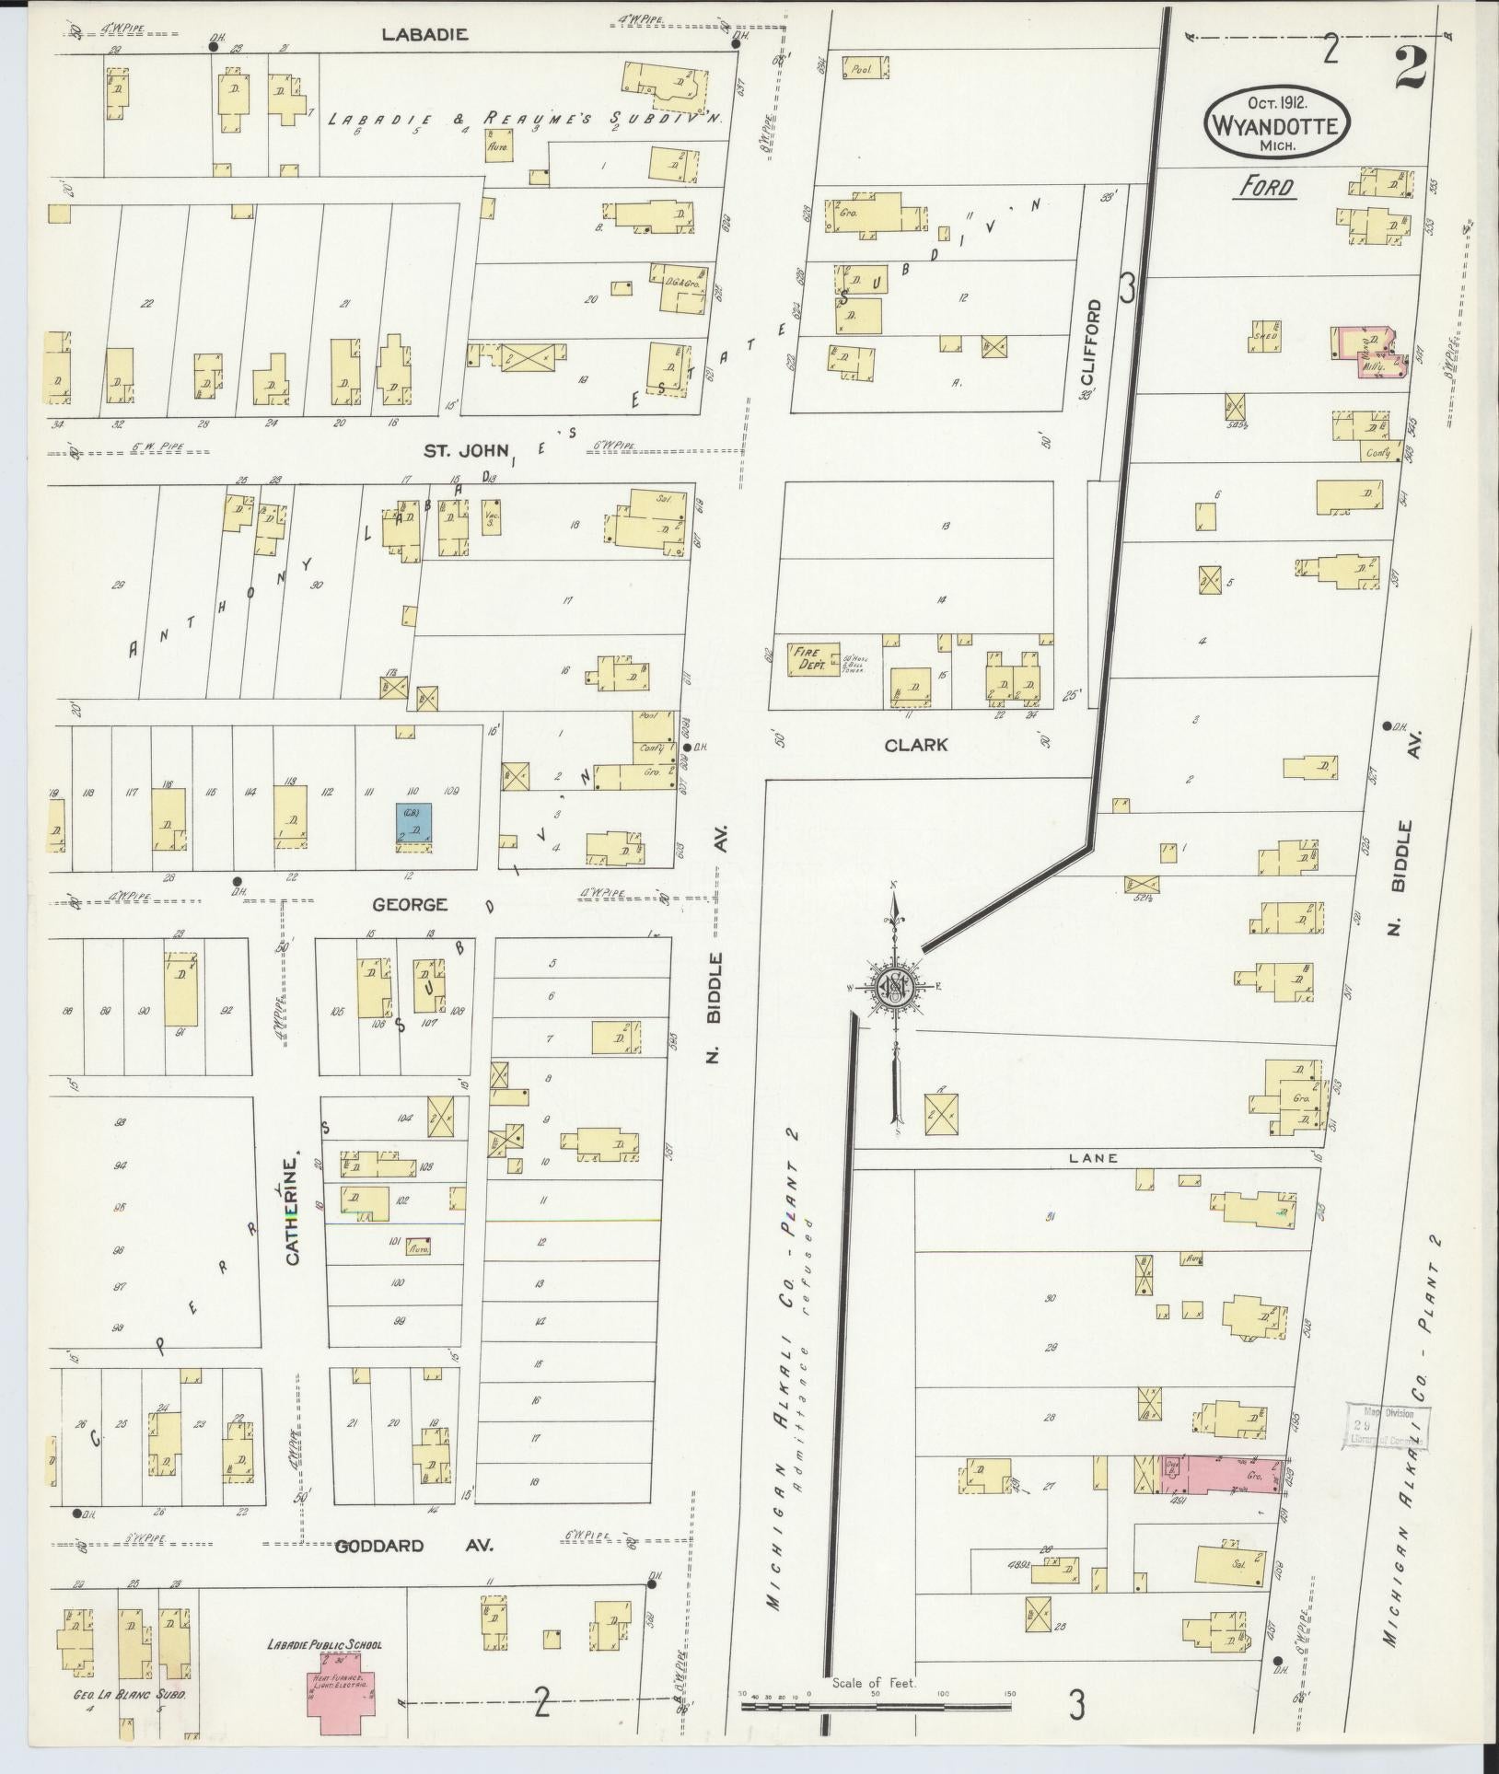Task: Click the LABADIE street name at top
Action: click(x=425, y=35)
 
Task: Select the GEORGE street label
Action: click(x=410, y=905)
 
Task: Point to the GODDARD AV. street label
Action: click(x=413, y=1546)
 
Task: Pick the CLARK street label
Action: click(x=915, y=746)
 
